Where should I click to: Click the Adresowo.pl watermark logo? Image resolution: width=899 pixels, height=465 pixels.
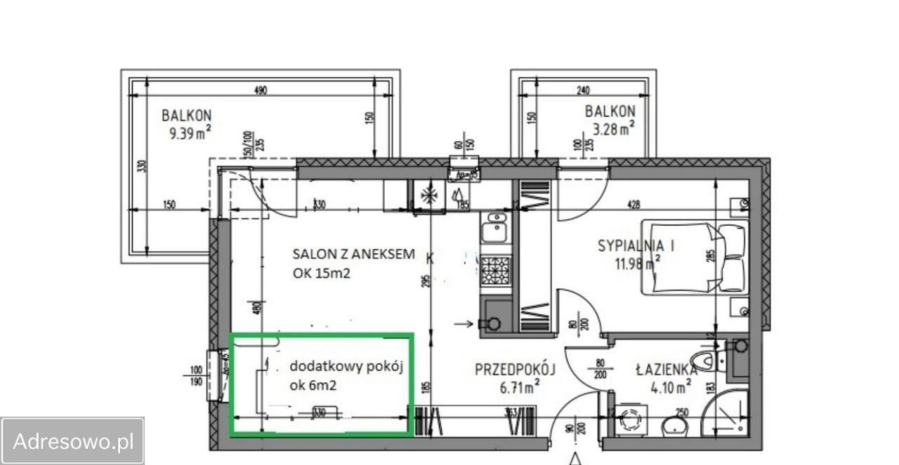(72, 441)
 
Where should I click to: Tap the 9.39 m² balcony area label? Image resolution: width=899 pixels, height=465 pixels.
(190, 133)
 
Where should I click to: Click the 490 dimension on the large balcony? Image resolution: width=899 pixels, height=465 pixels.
(260, 90)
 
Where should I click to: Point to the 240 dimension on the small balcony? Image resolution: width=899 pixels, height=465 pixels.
(583, 90)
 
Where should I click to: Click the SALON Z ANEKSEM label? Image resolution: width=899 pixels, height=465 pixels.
(353, 253)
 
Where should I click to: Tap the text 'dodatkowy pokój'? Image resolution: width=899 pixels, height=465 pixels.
(346, 366)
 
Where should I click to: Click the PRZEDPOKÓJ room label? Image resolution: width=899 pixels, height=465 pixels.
(515, 369)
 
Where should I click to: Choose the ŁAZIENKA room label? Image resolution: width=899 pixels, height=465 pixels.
(666, 369)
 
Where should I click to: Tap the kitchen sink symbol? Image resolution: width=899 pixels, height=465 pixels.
(494, 228)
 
